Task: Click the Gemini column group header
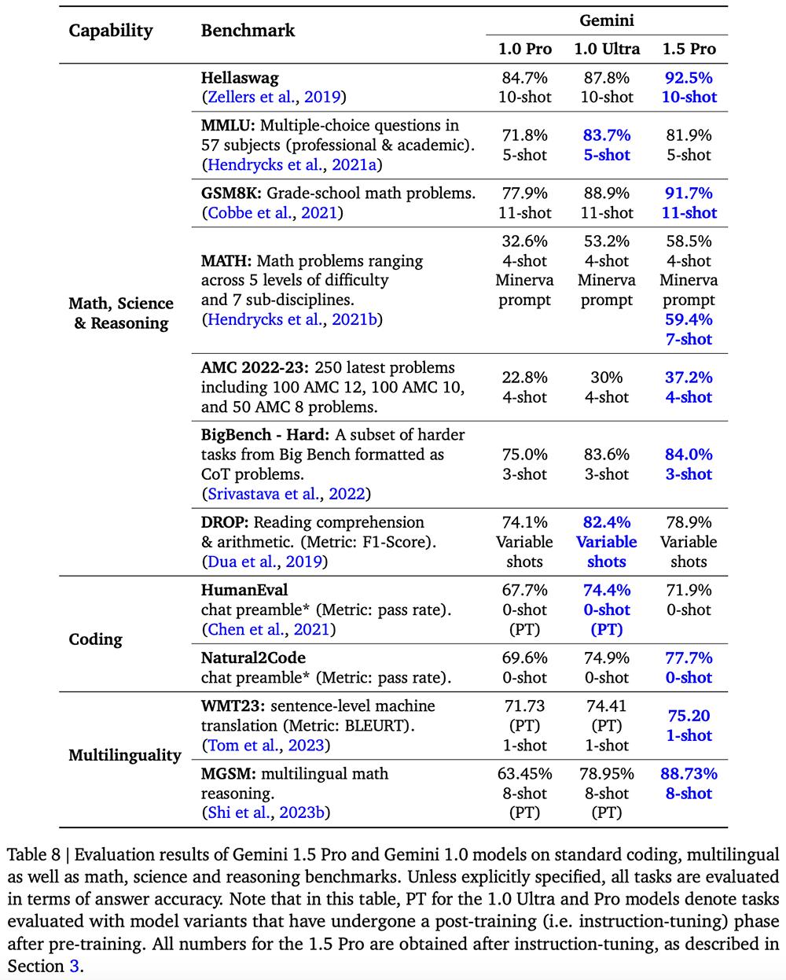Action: [606, 20]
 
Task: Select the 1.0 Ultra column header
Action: [606, 49]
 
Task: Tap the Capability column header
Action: [111, 31]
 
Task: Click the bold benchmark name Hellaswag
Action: [240, 78]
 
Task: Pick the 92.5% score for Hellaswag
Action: [689, 78]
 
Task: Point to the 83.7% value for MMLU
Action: [606, 135]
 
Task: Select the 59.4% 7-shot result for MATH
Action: [689, 320]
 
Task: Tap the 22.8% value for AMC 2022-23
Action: [524, 378]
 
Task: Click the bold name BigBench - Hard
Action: [266, 435]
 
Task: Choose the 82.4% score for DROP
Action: [606, 522]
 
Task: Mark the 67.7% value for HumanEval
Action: [524, 590]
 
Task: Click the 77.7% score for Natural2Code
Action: [689, 658]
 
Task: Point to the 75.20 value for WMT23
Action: [689, 716]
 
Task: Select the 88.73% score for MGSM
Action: [689, 774]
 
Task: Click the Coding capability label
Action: [96, 639]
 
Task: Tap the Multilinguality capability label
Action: [125, 755]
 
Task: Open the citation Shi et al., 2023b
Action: [266, 812]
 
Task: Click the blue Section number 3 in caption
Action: [75, 965]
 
